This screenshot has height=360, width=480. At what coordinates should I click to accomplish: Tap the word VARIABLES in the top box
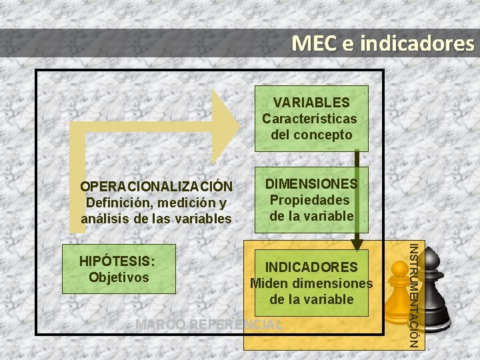click(311, 102)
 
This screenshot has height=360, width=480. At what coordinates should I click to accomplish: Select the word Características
click(309, 119)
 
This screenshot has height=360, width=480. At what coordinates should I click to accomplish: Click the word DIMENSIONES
click(311, 183)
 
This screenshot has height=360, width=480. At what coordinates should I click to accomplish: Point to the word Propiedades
click(309, 200)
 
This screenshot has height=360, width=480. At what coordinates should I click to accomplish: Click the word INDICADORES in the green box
click(311, 267)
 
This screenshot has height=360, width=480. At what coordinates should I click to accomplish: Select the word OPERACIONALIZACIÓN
click(156, 187)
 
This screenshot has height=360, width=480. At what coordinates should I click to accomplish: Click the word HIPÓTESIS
click(117, 261)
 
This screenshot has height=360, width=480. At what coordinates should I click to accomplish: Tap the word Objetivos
click(119, 277)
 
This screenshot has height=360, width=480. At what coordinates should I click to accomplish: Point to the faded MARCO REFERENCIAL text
click(209, 325)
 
